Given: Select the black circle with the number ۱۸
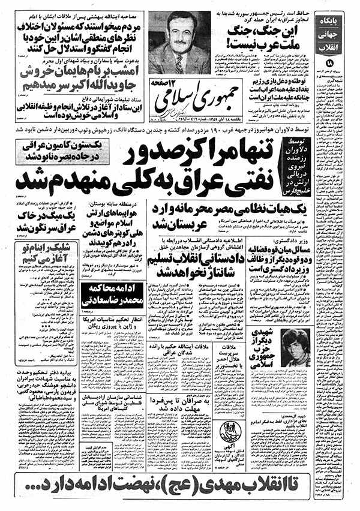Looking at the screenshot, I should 346,63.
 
